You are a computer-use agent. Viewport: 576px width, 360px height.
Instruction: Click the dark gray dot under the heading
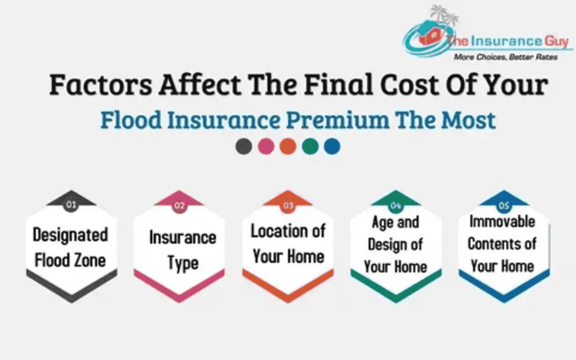[x=244, y=146]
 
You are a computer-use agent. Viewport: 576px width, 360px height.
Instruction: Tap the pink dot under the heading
[x=266, y=146]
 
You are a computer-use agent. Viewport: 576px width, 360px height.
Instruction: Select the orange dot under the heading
[x=287, y=146]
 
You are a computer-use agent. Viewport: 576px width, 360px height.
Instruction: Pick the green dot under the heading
[x=310, y=146]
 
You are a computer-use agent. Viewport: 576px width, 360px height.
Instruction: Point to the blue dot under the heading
[x=332, y=146]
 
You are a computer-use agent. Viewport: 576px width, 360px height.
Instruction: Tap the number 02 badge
[x=179, y=204]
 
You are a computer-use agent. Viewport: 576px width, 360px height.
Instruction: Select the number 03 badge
[x=288, y=204]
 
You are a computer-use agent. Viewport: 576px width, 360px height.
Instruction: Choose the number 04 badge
[x=396, y=204]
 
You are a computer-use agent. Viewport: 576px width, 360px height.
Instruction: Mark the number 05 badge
[x=504, y=204]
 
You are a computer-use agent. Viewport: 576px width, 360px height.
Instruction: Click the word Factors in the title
[x=100, y=85]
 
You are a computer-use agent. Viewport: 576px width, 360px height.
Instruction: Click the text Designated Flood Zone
[x=70, y=247]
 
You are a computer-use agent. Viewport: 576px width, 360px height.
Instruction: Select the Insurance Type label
[x=182, y=250]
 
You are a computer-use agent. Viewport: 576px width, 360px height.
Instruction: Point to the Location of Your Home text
[x=288, y=244]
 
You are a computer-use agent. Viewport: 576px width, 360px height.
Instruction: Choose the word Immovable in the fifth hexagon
[x=502, y=221]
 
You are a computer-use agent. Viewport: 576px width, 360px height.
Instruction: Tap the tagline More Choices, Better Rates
[x=505, y=57]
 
